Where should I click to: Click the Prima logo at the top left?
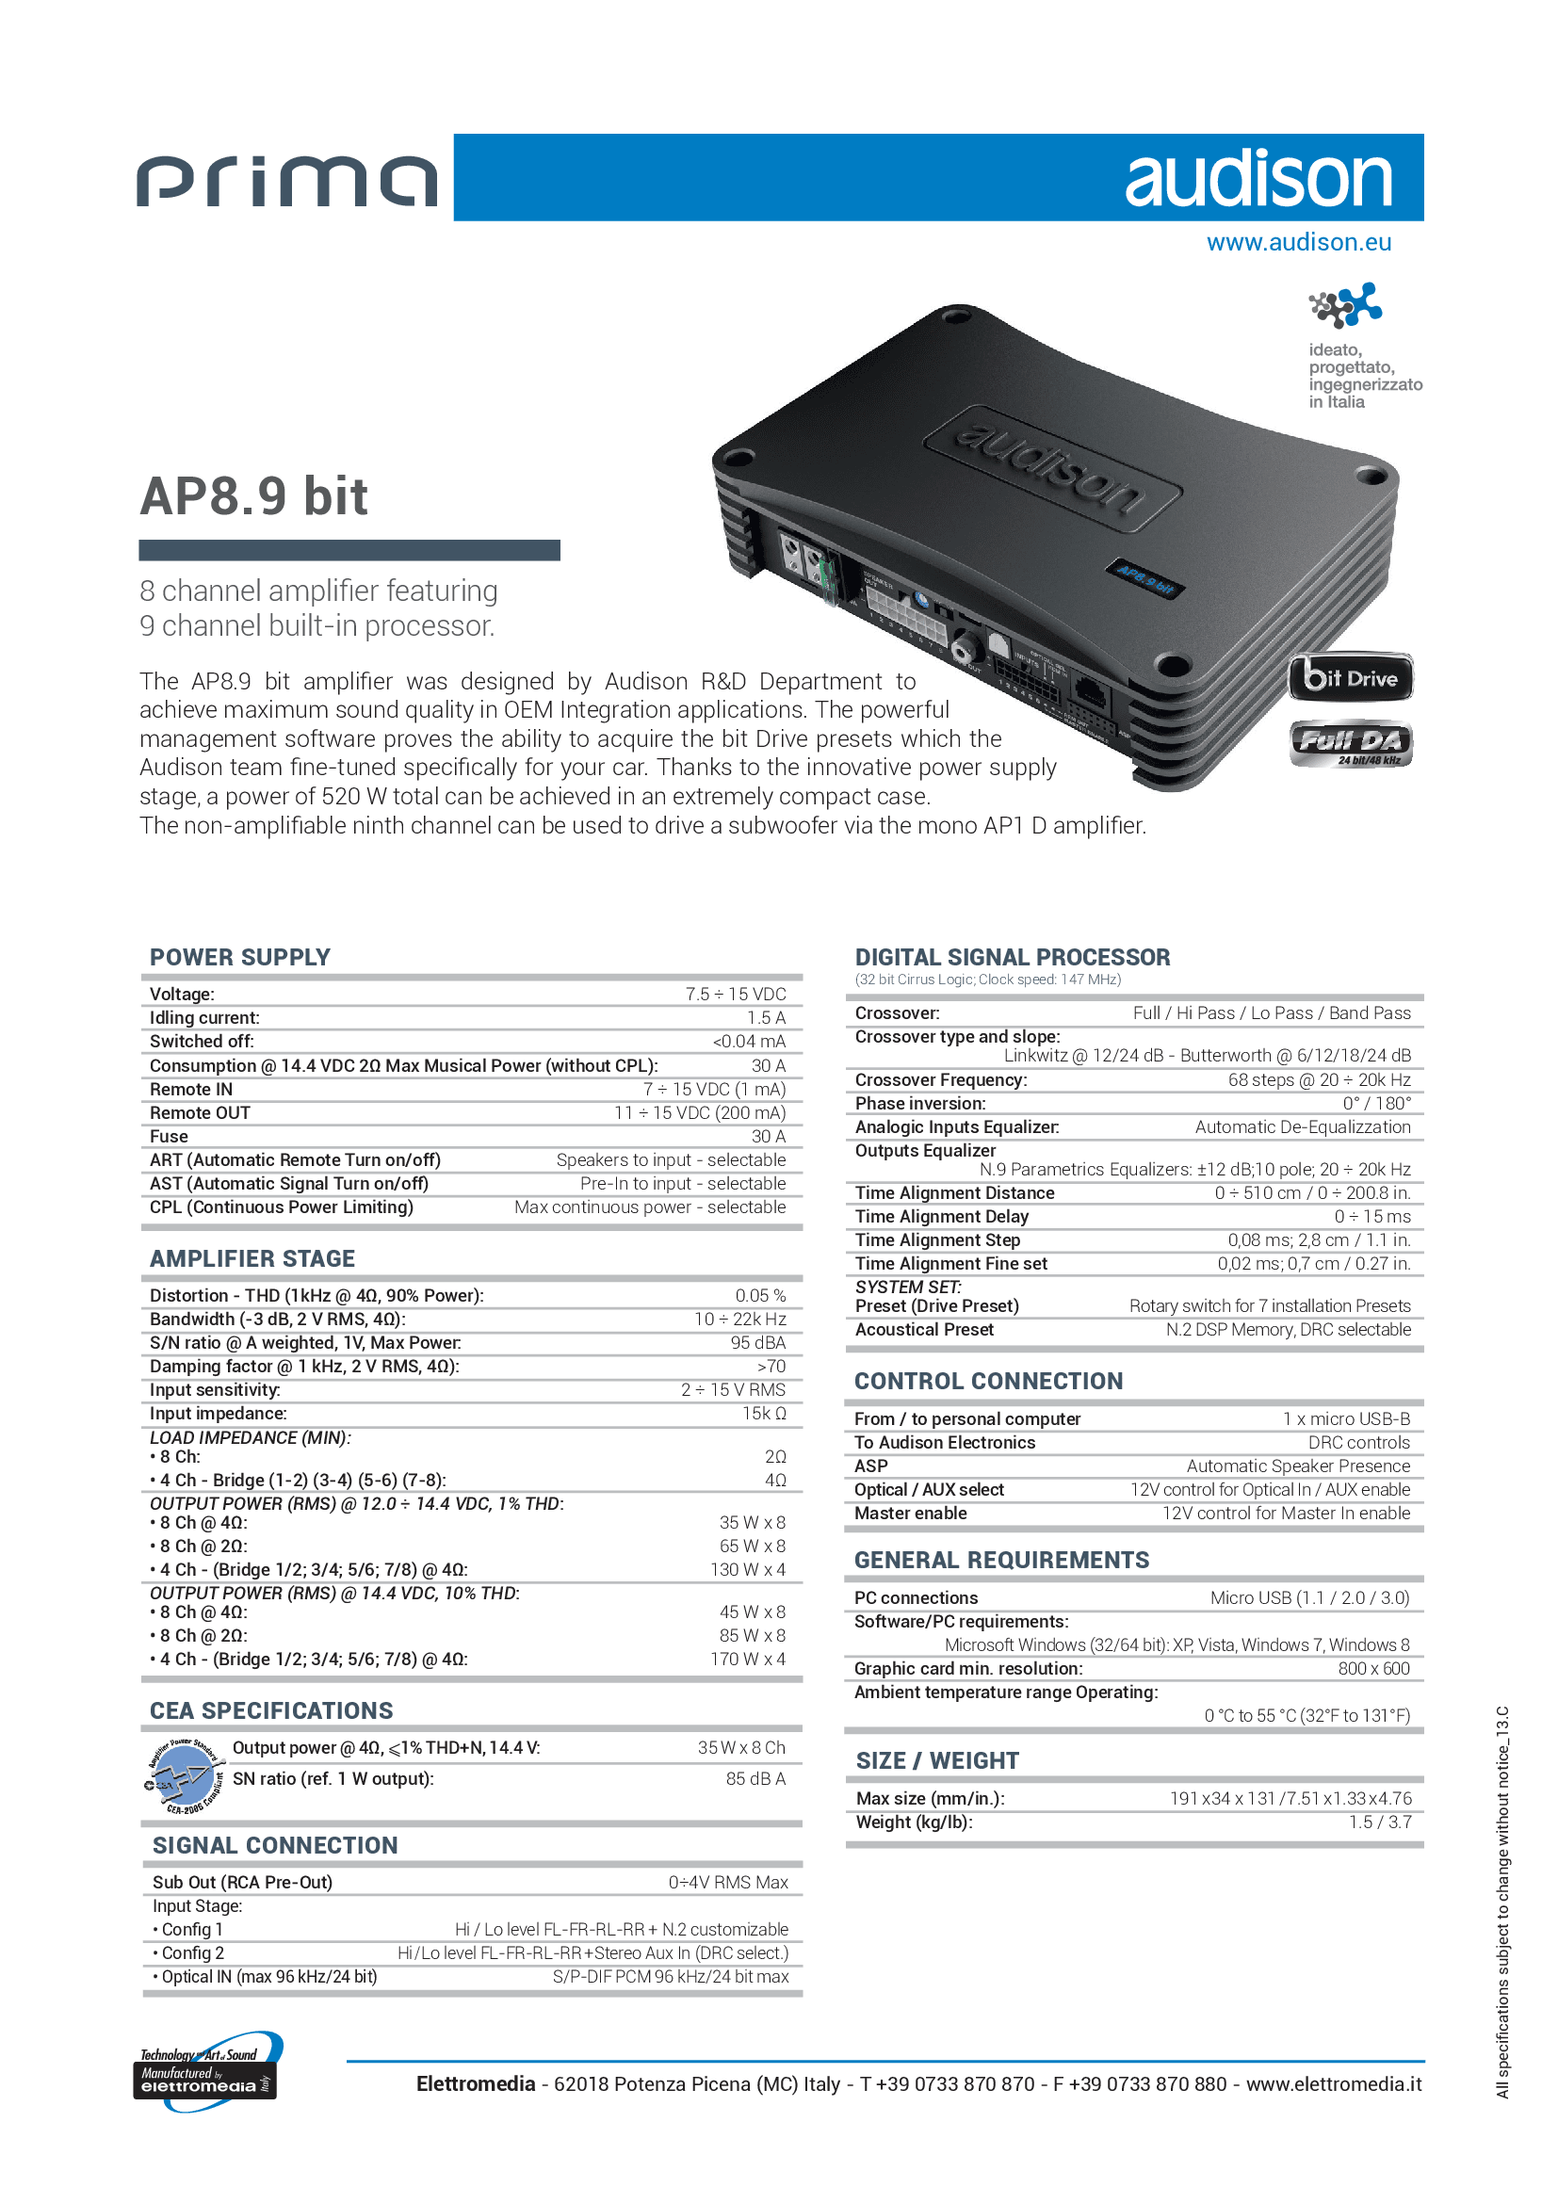287,181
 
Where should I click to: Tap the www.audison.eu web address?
1298,242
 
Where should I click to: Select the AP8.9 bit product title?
254,496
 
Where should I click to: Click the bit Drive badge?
1350,678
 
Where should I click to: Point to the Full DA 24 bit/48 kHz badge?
1351,744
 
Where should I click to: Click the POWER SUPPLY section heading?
240,957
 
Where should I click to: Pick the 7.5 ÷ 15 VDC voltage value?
735,994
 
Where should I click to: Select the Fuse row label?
169,1136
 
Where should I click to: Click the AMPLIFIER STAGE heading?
252,1258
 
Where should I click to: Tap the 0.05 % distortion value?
760,1295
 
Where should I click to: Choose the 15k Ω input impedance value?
764,1414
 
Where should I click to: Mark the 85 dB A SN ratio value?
755,1779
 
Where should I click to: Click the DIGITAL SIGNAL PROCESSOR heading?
1012,957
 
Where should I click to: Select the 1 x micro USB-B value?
1346,1418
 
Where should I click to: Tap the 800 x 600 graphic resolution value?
1372,1669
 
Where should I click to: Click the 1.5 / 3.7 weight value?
1380,1822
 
